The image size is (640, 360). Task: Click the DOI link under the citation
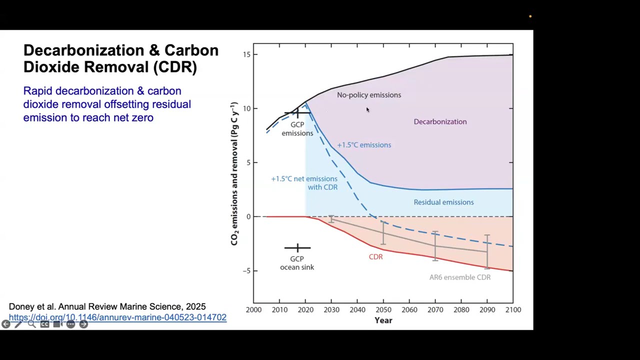click(x=117, y=317)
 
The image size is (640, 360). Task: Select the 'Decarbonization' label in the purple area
click(x=440, y=121)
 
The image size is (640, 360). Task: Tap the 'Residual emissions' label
click(x=443, y=202)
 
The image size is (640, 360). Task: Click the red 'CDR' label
click(x=375, y=256)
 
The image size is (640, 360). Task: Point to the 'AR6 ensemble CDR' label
click(x=459, y=277)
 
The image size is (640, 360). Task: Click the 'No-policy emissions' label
click(x=368, y=95)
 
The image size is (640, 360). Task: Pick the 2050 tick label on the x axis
click(x=383, y=309)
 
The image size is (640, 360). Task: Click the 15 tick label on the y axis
click(x=247, y=54)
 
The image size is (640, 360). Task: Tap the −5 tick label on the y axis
click(x=246, y=271)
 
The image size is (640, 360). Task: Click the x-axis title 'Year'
click(x=383, y=320)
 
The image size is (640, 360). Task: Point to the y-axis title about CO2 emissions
click(x=234, y=173)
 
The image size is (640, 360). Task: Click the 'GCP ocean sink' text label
click(x=297, y=263)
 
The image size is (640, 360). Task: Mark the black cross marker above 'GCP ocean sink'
click(x=297, y=247)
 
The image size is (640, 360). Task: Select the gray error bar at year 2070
click(x=435, y=246)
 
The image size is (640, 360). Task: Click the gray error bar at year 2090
click(x=487, y=251)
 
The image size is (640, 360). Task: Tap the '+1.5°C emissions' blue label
click(x=364, y=145)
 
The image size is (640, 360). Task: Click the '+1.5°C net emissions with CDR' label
click(x=304, y=182)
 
